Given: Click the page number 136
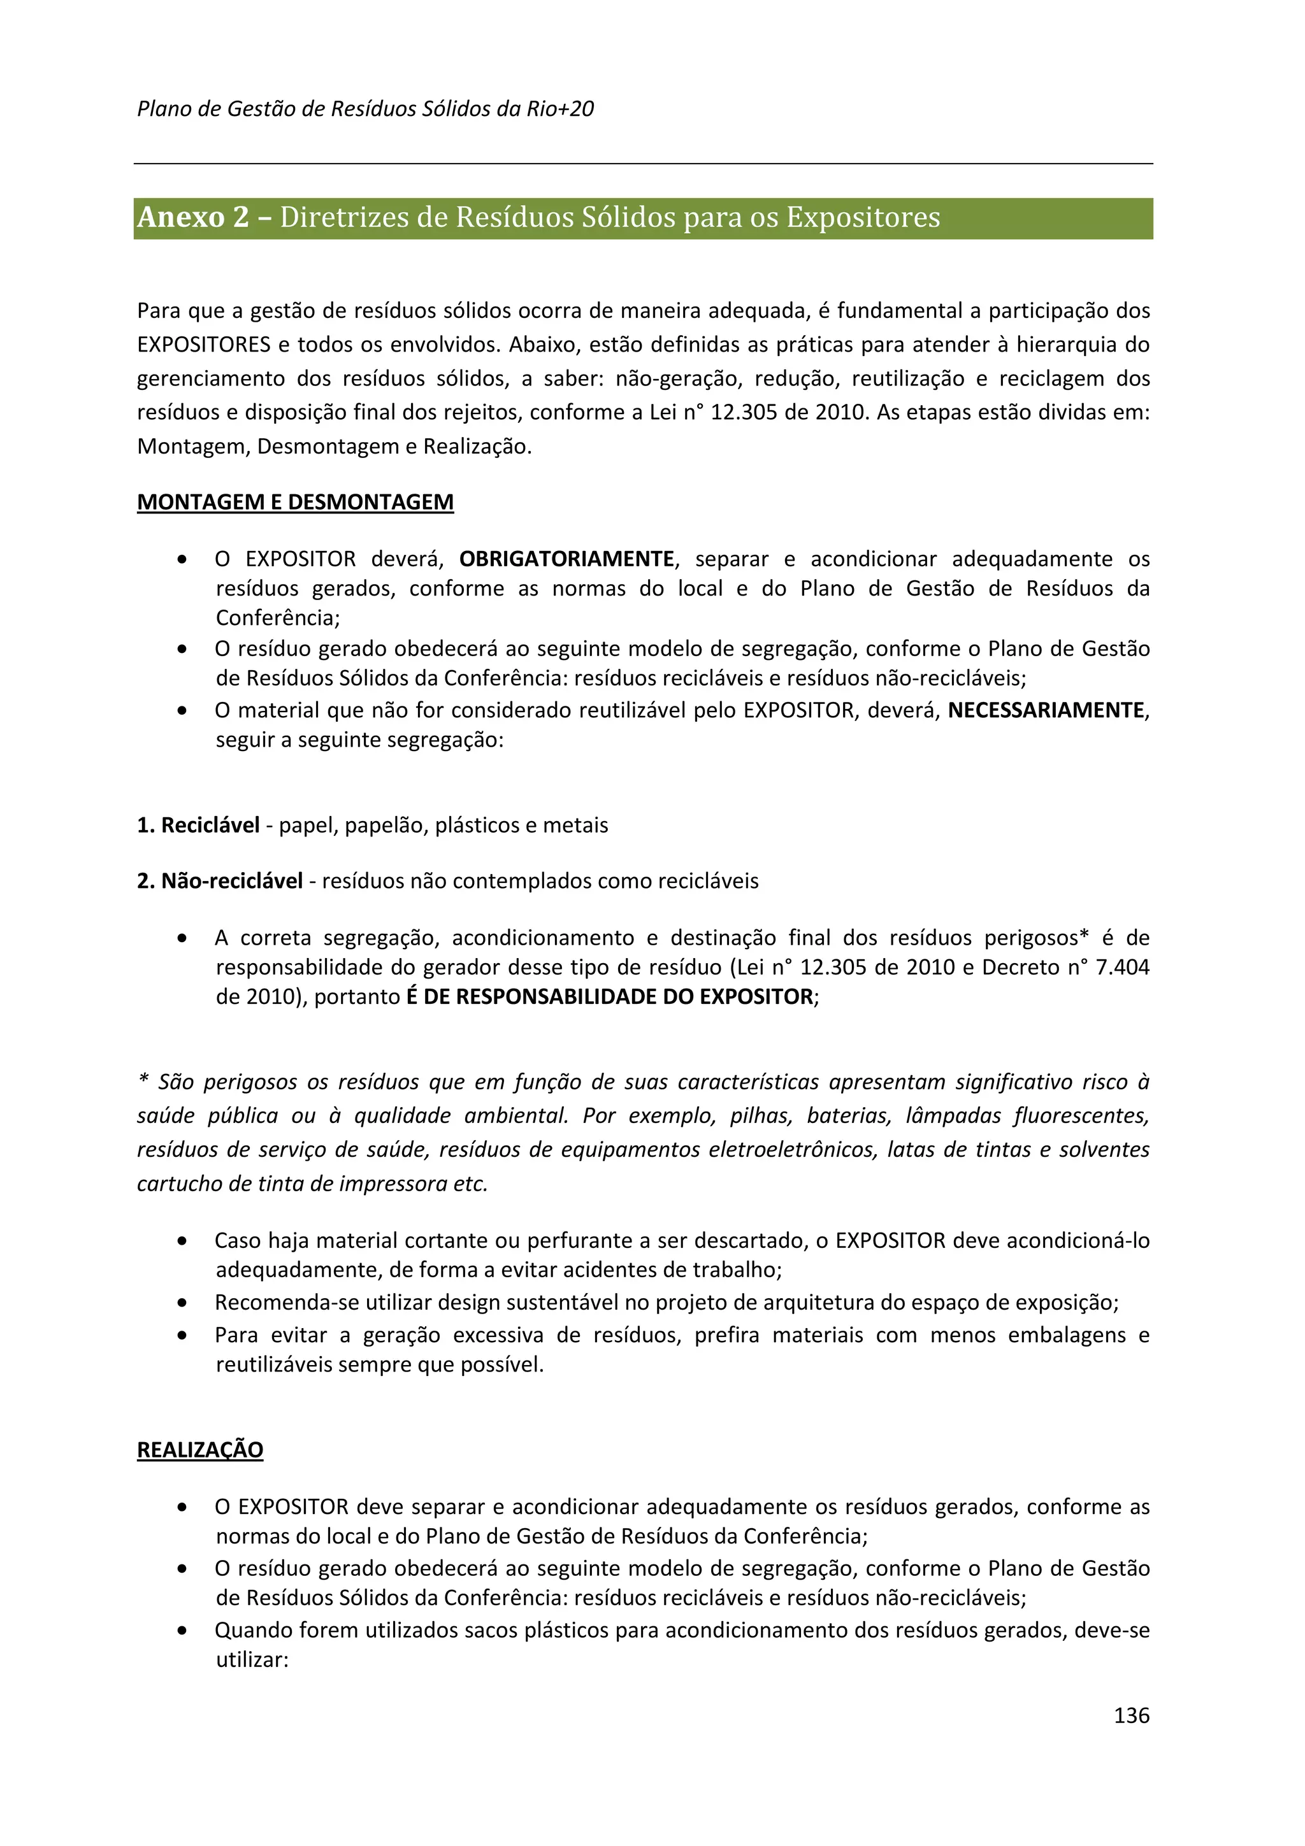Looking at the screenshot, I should tap(1130, 1715).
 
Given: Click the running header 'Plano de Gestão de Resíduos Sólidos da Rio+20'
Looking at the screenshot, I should tap(365, 110).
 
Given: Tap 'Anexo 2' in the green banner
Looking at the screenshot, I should tap(193, 218).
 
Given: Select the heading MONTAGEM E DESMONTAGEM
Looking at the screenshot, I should tap(295, 502).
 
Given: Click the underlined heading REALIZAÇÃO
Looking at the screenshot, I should tap(200, 1450).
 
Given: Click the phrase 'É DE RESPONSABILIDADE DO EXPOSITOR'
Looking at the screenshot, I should tap(609, 997).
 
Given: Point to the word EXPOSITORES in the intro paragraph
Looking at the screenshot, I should tap(205, 345).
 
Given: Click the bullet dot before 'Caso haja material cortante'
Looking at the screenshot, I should tap(184, 1241).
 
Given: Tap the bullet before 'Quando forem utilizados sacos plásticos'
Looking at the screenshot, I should tap(184, 1631).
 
